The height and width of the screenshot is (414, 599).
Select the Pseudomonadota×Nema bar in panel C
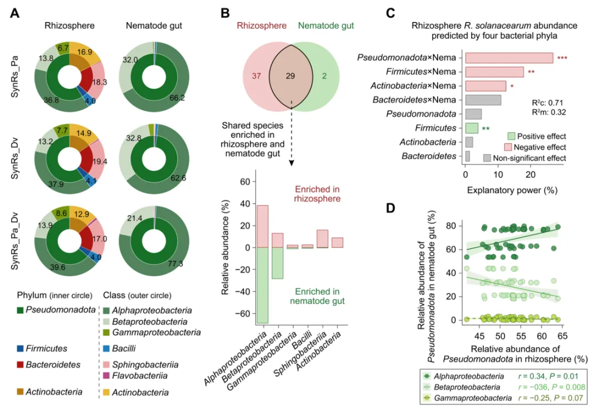509,58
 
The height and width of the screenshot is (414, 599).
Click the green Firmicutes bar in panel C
471,128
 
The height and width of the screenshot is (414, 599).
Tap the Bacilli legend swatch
108,349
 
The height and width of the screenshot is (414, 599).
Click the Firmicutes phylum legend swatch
21,349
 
